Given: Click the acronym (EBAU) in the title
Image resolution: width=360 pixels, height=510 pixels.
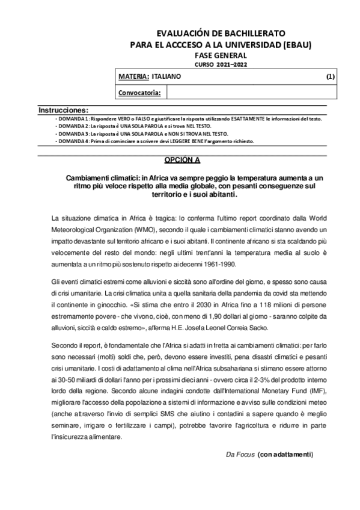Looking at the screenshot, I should (x=296, y=45).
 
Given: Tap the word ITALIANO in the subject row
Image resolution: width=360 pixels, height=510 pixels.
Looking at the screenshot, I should (x=166, y=77).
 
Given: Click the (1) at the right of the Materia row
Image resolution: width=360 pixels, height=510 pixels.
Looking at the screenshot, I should (x=331, y=77).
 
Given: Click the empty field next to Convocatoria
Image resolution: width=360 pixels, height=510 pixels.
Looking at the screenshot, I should (x=252, y=93).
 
